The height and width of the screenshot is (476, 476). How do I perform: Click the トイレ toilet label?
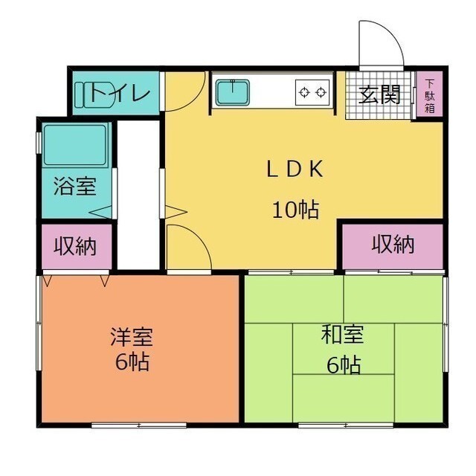[x=120, y=93]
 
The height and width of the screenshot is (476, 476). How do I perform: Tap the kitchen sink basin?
[x=233, y=92]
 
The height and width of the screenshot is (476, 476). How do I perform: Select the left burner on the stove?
[x=304, y=92]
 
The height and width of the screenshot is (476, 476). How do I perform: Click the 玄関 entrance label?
[x=379, y=94]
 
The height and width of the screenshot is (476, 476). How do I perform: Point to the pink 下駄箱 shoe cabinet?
[x=429, y=94]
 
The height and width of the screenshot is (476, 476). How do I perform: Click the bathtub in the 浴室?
[x=75, y=146]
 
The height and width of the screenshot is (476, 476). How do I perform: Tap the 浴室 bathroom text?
[x=75, y=186]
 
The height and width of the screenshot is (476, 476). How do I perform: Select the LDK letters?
[x=295, y=169]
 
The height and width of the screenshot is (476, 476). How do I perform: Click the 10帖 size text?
[x=296, y=210]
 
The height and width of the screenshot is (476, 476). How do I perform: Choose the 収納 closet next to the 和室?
[x=393, y=246]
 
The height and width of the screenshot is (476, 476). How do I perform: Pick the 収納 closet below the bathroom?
[x=77, y=246]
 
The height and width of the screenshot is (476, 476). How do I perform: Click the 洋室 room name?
[x=132, y=336]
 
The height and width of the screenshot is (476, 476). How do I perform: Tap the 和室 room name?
[x=343, y=334]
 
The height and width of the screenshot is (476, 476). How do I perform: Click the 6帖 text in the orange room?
[x=132, y=361]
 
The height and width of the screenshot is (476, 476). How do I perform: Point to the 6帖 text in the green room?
[x=344, y=364]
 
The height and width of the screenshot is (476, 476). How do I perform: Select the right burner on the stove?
[x=321, y=92]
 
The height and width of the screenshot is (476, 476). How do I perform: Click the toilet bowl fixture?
[x=94, y=94]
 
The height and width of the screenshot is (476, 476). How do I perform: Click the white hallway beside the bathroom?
[x=138, y=195]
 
